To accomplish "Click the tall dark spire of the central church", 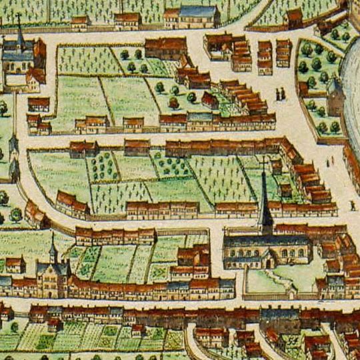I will pyautogui.click(x=265, y=200).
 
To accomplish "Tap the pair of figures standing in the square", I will pyautogui.click(x=281, y=94).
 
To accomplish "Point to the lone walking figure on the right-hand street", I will pyautogui.click(x=352, y=205).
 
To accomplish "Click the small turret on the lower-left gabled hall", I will pyautogui.click(x=53, y=249).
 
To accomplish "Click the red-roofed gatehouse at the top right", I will pyautogui.click(x=294, y=17).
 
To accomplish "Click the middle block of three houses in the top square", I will pyautogui.click(x=265, y=57).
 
